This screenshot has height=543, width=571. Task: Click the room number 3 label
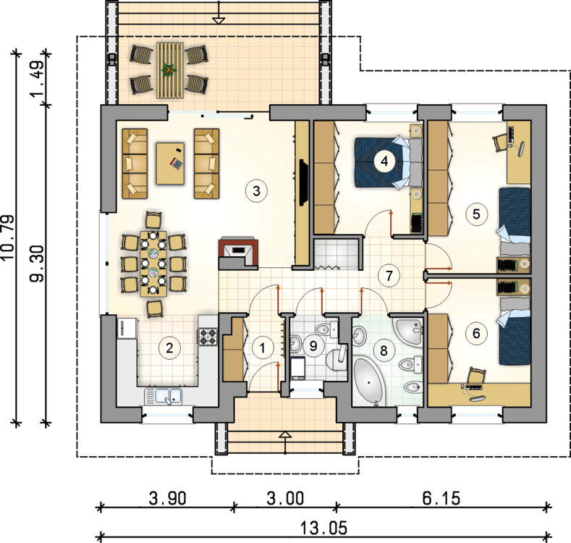(x=256, y=190)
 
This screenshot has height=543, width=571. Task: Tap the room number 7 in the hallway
(x=389, y=275)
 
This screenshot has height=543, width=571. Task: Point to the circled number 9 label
(x=313, y=346)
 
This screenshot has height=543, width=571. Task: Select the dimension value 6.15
(x=442, y=498)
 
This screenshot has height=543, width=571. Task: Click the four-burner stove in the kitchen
(x=207, y=336)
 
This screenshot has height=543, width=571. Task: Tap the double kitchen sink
(x=166, y=395)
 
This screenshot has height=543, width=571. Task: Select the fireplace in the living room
(x=236, y=252)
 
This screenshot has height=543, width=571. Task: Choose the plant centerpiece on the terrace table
(x=169, y=70)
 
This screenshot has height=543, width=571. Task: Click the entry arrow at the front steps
(x=285, y=435)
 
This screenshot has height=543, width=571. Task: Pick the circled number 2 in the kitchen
(x=169, y=348)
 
